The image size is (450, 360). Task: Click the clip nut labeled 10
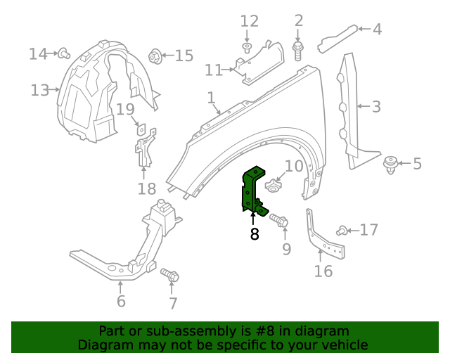[274, 186]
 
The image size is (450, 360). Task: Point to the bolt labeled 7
[169, 275]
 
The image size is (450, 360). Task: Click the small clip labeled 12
[247, 48]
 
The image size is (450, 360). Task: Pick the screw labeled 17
[343, 229]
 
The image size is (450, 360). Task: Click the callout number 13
[39, 90]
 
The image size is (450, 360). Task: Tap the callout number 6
[121, 302]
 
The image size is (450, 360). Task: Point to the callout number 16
[323, 271]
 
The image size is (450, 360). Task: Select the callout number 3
[376, 107]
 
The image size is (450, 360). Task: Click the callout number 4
[377, 30]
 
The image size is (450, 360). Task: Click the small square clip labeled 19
[141, 129]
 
